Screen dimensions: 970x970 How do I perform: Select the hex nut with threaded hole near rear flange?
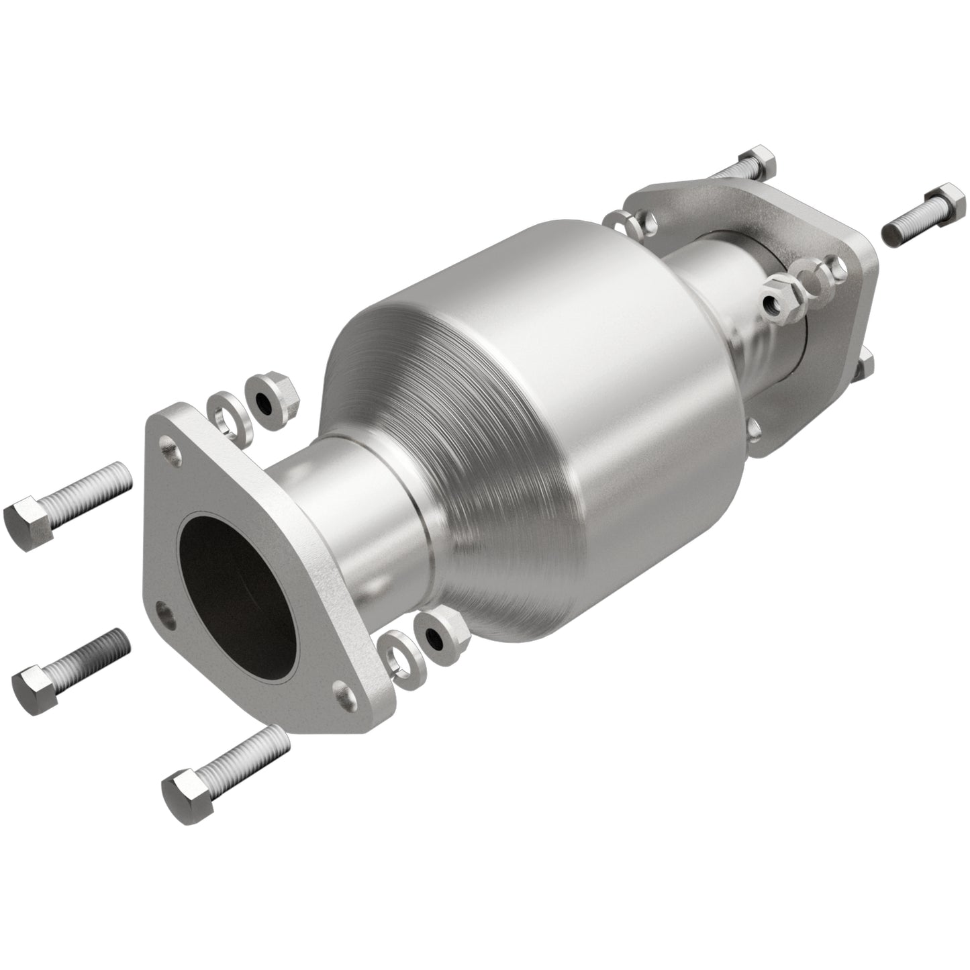779,301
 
